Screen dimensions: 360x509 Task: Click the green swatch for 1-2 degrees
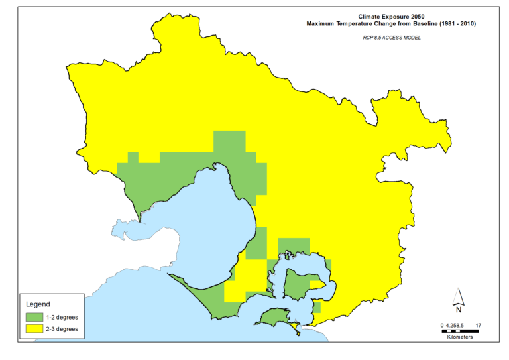[x=34, y=318]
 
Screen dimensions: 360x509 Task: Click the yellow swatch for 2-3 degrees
[x=34, y=328]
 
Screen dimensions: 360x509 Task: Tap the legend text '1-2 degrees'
[x=62, y=318]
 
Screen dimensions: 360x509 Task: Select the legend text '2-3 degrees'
[x=62, y=328]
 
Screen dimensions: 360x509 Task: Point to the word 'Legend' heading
[x=37, y=304]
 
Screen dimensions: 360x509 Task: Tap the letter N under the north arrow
[x=458, y=309]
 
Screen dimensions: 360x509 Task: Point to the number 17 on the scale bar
[x=478, y=324]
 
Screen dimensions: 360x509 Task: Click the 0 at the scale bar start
[x=442, y=324]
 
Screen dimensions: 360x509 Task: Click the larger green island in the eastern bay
[x=297, y=285]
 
